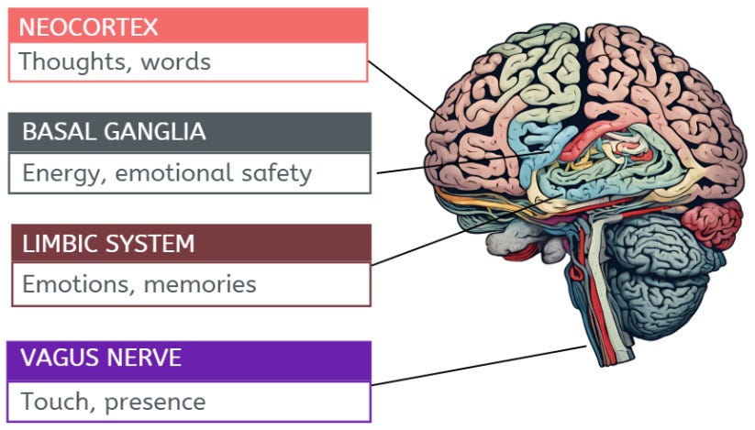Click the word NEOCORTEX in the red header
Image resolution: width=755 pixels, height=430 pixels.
pyautogui.click(x=88, y=27)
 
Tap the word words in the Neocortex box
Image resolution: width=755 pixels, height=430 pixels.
pyautogui.click(x=176, y=62)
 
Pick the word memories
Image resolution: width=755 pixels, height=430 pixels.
pyautogui.click(x=200, y=284)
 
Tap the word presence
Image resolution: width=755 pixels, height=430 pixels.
pyautogui.click(x=155, y=402)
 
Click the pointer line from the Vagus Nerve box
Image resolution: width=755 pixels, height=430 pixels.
pyautogui.click(x=479, y=366)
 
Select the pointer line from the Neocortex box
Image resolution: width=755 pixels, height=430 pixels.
pyautogui.click(x=407, y=91)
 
